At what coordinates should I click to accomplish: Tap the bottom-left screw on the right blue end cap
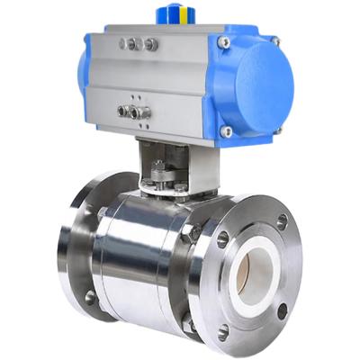pos(227,131)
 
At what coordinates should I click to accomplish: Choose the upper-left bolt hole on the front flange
pos(222,239)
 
